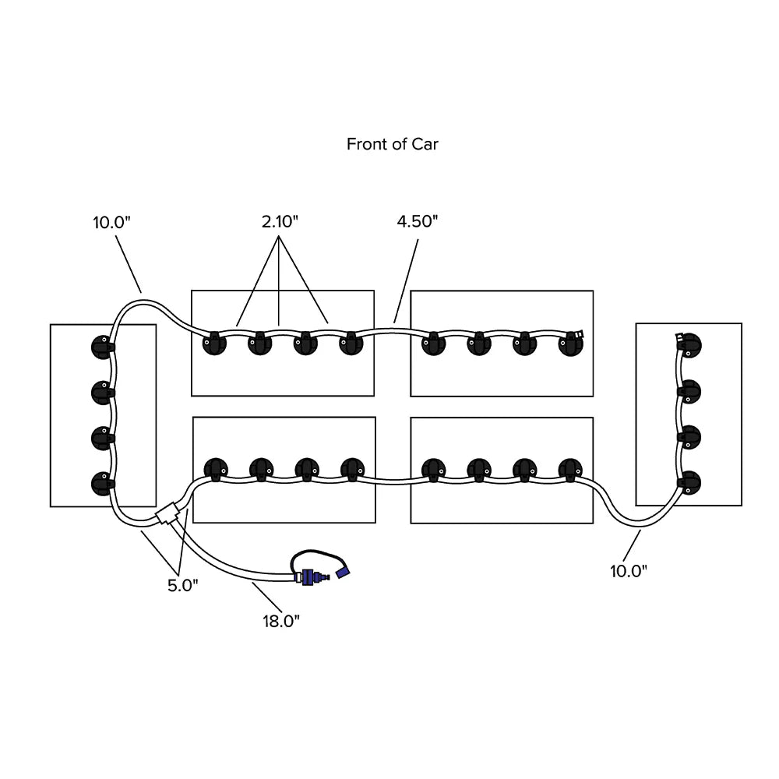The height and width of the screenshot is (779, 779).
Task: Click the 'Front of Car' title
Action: point(392,144)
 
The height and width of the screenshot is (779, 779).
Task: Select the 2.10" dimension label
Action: point(280,221)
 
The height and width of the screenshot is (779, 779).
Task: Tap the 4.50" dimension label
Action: point(418,221)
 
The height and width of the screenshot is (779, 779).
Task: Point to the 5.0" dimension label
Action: point(183,586)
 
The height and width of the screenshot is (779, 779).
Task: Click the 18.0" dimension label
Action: point(280,620)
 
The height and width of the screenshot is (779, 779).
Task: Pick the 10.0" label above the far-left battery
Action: point(112,221)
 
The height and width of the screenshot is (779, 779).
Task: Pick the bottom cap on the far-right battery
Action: point(689,482)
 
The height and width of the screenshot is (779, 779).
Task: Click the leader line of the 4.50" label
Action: point(407,280)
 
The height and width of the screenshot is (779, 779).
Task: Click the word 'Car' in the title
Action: point(425,144)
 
